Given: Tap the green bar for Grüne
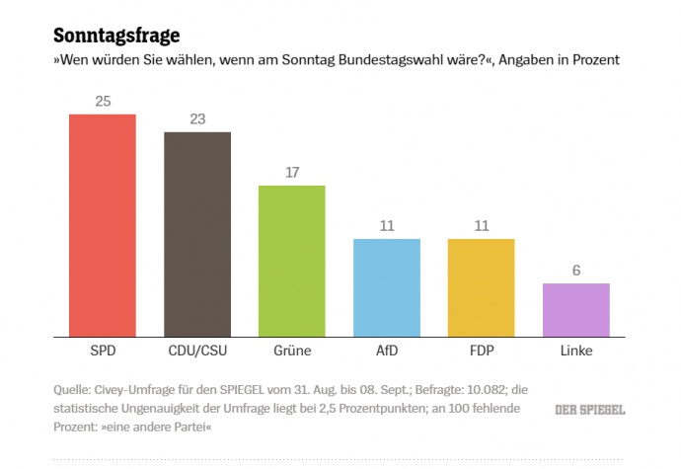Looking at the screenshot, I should click(x=292, y=261).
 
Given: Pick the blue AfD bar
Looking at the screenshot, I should click(x=387, y=287).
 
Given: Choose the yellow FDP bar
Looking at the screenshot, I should click(x=482, y=287).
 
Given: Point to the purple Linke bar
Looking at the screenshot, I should click(x=576, y=310).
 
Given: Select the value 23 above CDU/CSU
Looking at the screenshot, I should click(x=197, y=119).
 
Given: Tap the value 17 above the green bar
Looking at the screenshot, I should click(x=292, y=173).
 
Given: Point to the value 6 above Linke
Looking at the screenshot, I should click(x=576, y=271).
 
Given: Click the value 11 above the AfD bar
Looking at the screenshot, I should click(x=387, y=226).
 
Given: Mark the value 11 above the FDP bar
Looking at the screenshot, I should click(x=482, y=226).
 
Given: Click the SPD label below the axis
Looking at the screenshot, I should click(x=102, y=351).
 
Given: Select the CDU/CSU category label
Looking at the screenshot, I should click(x=197, y=351).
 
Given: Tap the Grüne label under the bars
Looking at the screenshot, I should click(x=292, y=351).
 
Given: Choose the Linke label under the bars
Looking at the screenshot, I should click(x=576, y=351).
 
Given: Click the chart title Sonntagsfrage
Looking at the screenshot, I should click(x=115, y=37).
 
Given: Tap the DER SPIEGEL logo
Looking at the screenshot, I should click(x=589, y=409).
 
